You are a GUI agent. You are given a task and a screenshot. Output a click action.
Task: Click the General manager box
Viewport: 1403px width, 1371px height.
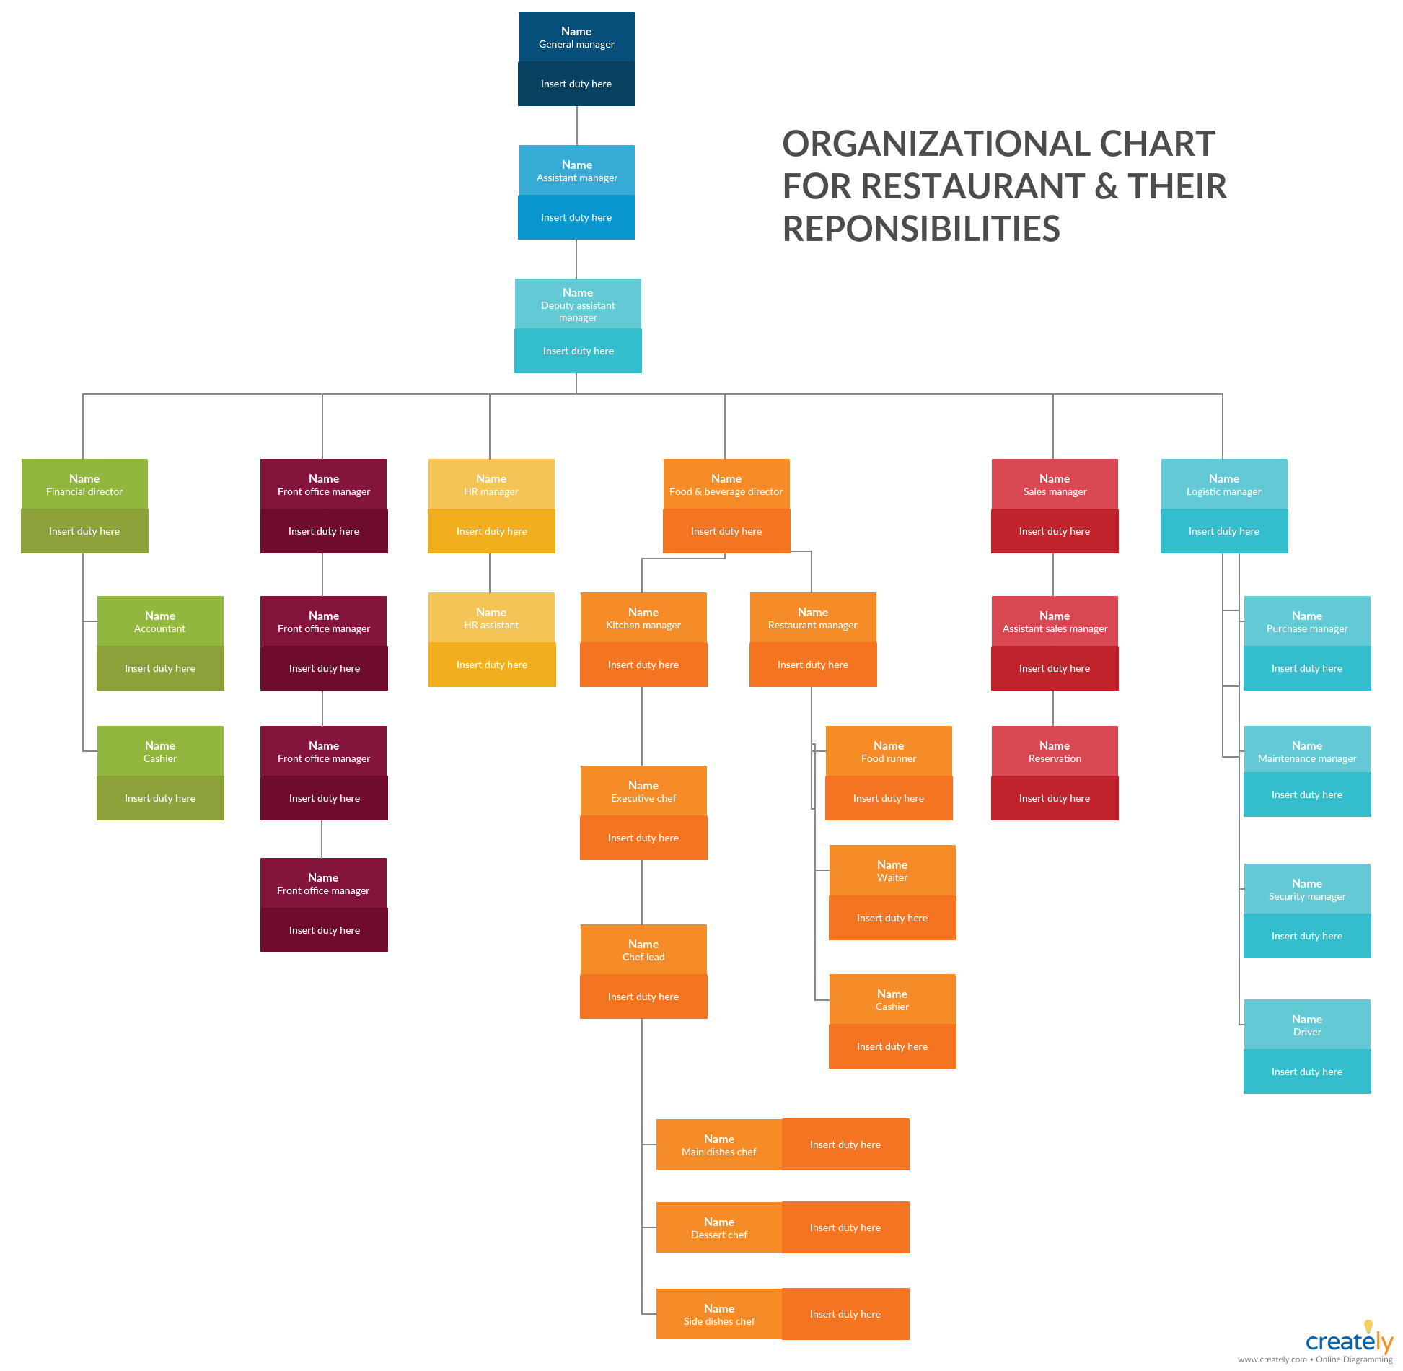tap(576, 38)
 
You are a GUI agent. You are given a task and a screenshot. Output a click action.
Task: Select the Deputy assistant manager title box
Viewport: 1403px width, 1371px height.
tap(578, 305)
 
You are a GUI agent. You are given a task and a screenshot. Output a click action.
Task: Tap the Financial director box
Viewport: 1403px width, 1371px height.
tap(84, 485)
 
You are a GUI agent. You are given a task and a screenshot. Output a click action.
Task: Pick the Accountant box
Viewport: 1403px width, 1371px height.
tap(160, 622)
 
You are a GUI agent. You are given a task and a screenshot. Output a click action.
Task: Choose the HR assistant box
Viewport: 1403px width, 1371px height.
tap(491, 618)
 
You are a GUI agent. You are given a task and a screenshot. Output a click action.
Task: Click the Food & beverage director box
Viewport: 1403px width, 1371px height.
tap(726, 485)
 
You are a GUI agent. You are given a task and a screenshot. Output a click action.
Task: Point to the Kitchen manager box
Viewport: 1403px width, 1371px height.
tap(643, 618)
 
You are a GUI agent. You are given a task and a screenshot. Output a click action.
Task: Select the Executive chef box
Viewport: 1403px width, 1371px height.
tap(643, 792)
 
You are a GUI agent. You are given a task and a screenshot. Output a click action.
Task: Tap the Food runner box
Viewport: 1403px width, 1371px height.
tap(889, 752)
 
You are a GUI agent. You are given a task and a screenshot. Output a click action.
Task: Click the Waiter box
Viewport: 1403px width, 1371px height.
tap(892, 871)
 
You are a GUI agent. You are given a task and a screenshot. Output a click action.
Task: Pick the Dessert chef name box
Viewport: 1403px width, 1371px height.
tap(719, 1227)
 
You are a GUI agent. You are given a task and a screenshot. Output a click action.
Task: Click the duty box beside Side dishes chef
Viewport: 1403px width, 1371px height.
tap(845, 1314)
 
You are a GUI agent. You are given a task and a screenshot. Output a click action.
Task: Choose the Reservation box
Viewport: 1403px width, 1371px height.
tap(1055, 752)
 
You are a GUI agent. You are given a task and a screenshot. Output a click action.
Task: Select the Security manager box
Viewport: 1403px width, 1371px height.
tap(1307, 890)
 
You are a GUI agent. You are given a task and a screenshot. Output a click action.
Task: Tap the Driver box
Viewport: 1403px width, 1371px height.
tap(1307, 1025)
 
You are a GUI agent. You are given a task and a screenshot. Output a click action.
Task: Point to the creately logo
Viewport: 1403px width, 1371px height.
tap(1348, 1341)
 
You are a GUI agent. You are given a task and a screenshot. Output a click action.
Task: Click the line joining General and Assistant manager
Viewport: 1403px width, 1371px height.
tap(576, 126)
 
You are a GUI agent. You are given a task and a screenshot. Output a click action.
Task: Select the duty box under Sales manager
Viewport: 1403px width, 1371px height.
tap(1055, 531)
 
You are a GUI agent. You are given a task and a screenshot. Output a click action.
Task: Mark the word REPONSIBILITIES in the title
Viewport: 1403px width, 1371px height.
tap(921, 229)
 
